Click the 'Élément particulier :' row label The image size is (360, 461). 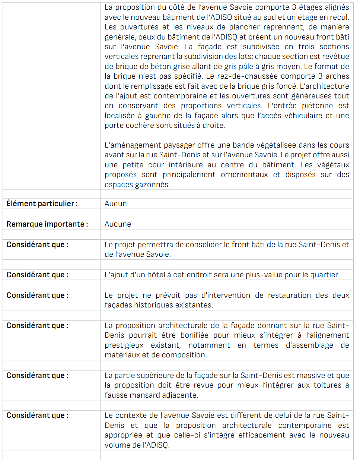pyautogui.click(x=42, y=203)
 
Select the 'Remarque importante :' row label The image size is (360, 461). pyautogui.click(x=47, y=224)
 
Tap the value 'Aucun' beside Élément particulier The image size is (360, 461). pyautogui.click(x=116, y=203)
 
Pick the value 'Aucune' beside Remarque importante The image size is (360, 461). pyautogui.click(x=118, y=224)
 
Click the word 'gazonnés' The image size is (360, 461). pyautogui.click(x=153, y=184)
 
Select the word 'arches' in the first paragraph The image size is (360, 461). pyautogui.click(x=337, y=76)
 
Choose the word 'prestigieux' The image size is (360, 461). pyautogui.click(x=124, y=345)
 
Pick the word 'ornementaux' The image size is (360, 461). pyautogui.click(x=244, y=174)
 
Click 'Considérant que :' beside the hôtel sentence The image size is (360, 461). pyautogui.click(x=37, y=275)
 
